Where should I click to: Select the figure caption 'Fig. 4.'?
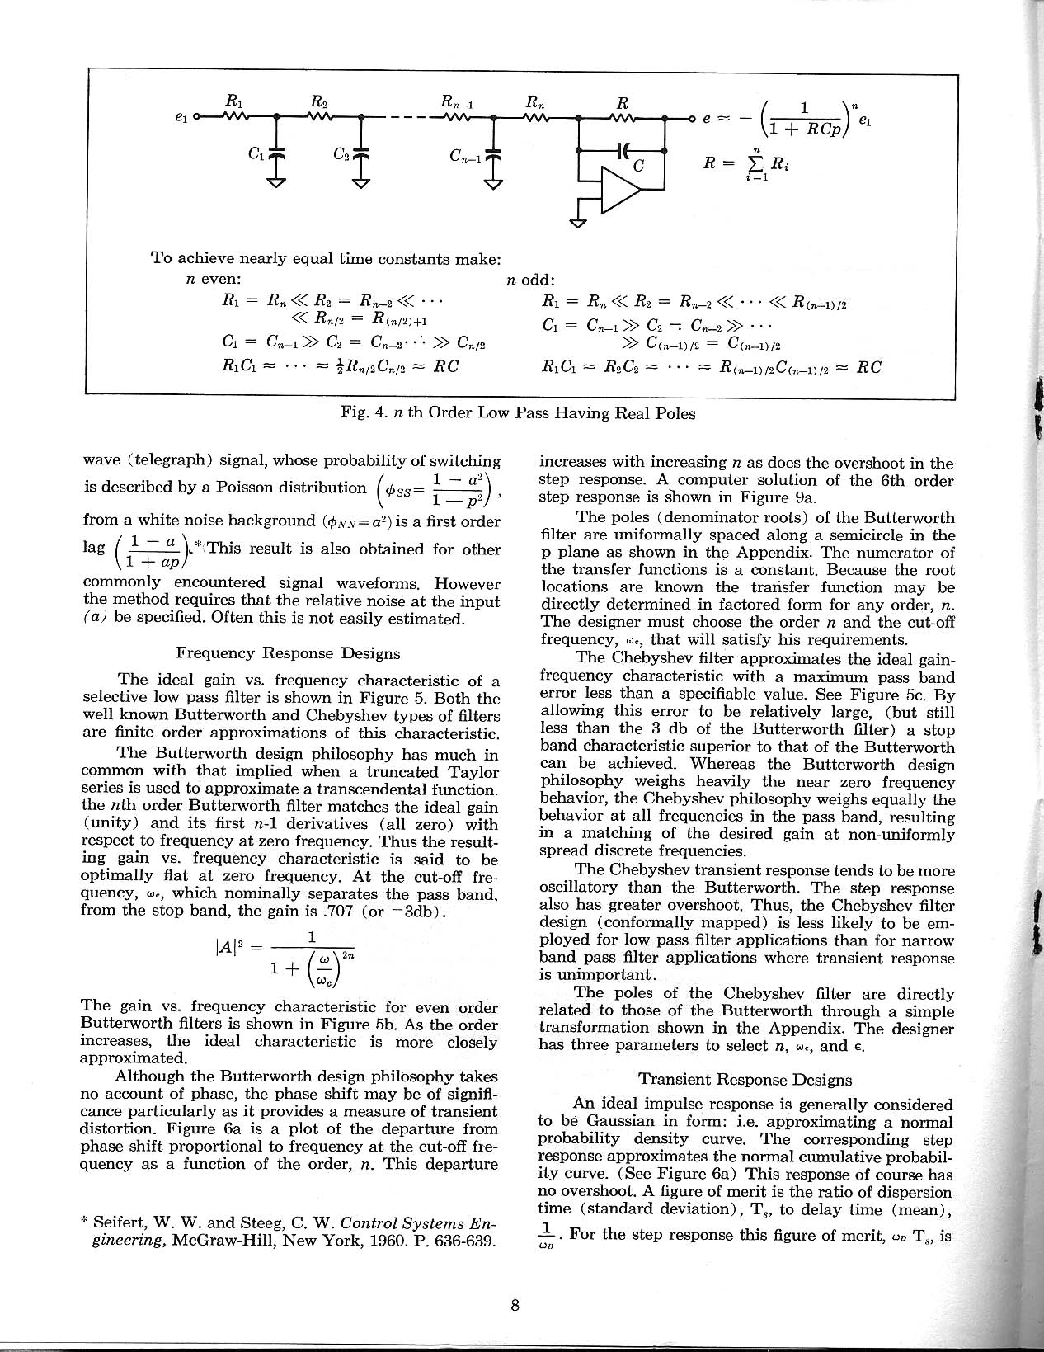coord(356,414)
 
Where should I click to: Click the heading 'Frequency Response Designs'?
coord(289,653)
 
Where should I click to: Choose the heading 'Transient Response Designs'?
coord(745,1079)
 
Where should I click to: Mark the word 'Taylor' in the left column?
coord(473,772)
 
